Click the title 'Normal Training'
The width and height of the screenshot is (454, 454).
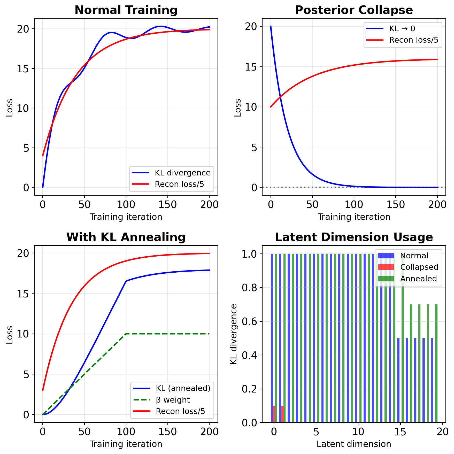(126, 10)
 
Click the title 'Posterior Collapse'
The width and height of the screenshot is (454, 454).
(354, 10)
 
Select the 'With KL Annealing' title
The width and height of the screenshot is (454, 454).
(126, 237)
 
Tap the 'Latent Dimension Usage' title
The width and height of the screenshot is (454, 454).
(354, 237)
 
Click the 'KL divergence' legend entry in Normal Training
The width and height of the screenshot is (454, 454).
(182, 173)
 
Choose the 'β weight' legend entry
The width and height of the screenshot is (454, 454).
(173, 400)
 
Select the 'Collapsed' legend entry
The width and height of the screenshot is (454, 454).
(419, 267)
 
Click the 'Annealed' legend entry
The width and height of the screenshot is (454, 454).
(418, 279)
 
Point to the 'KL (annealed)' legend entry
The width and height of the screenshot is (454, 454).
(183, 388)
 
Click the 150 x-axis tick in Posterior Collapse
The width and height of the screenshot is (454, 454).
(396, 204)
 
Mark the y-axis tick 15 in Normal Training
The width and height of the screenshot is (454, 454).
(24, 68)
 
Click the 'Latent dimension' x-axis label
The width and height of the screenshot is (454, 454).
(354, 444)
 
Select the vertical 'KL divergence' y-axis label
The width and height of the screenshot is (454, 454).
(234, 334)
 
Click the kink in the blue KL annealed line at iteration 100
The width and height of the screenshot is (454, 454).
(126, 281)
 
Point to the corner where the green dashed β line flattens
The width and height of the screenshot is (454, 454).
(126, 334)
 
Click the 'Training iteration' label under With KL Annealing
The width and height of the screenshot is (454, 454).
(126, 444)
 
